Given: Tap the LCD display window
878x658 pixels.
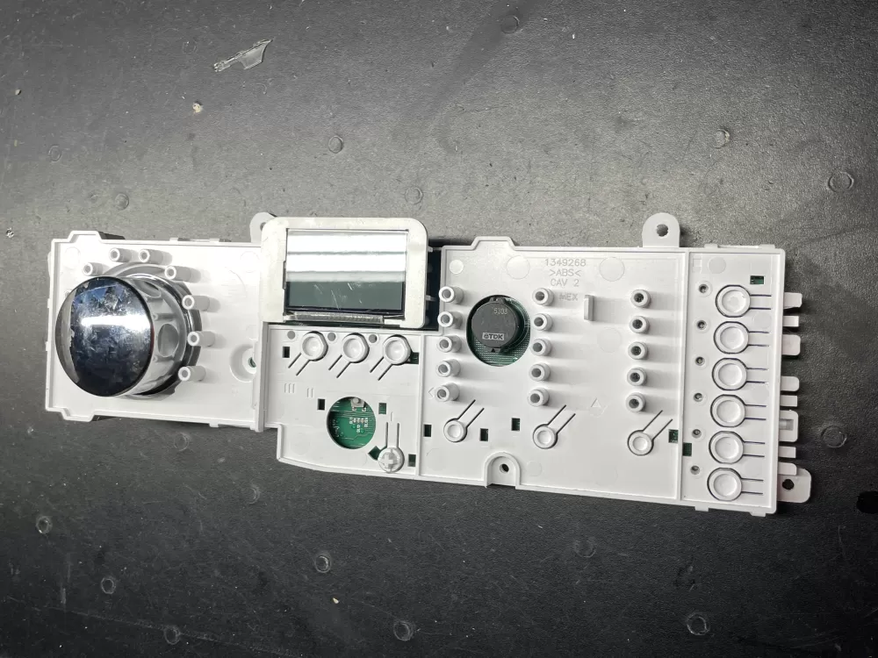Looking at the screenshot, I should tap(346, 272).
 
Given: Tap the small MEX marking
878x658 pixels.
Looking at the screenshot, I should tap(568, 298).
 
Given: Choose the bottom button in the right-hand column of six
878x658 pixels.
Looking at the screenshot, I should tap(725, 483).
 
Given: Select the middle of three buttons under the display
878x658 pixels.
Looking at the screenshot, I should tap(355, 349).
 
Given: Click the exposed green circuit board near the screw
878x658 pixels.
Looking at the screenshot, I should tap(351, 424).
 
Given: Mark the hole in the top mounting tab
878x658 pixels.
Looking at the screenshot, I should tap(660, 231).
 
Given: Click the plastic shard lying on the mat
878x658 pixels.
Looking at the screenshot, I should tap(241, 54).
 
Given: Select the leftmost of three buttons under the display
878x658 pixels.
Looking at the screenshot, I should tap(313, 347).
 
